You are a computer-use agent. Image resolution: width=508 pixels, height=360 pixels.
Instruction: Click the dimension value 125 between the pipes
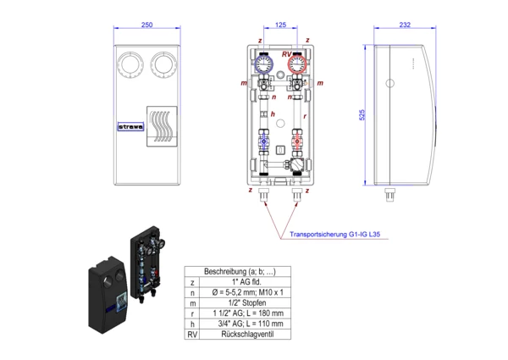[280, 25]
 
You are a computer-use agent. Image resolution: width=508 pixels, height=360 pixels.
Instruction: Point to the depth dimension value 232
[404, 25]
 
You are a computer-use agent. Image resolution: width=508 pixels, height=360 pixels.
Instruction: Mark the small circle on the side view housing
[390, 83]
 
